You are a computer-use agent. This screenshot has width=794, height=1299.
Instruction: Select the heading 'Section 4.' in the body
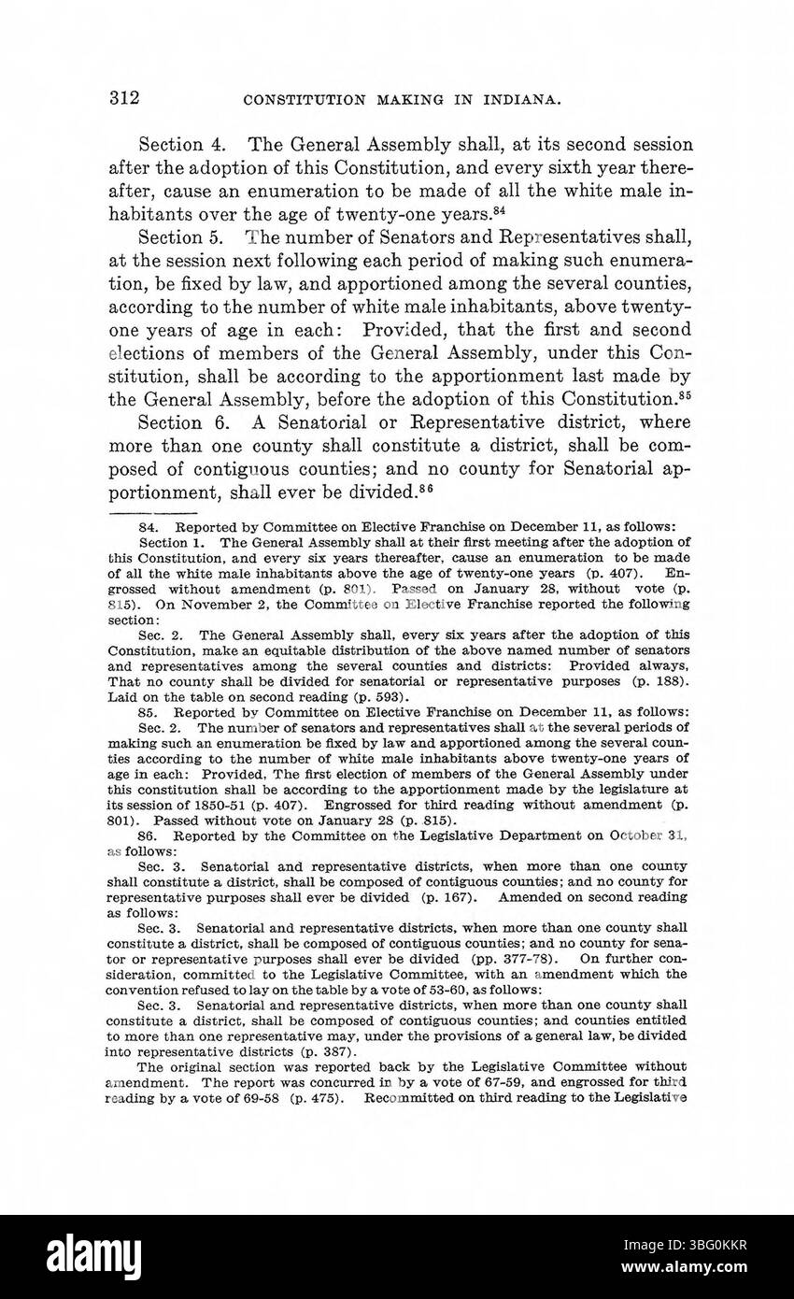pos(171,145)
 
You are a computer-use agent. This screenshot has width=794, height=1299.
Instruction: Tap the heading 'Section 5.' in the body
pos(171,237)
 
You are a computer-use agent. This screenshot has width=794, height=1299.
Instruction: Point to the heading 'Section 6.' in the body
pos(171,421)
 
